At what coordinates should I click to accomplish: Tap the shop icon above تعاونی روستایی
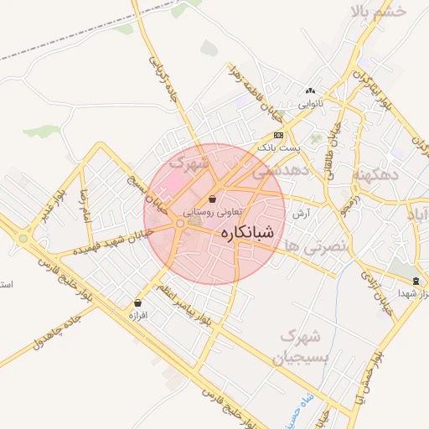213,200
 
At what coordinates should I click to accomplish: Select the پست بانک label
277,147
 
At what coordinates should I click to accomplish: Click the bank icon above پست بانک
278,135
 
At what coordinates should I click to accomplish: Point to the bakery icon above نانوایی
311,91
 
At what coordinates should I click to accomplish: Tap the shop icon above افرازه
137,303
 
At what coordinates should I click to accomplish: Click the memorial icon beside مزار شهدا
417,280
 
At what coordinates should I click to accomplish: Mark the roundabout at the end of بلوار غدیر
23,239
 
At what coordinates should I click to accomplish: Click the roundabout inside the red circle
180,224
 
